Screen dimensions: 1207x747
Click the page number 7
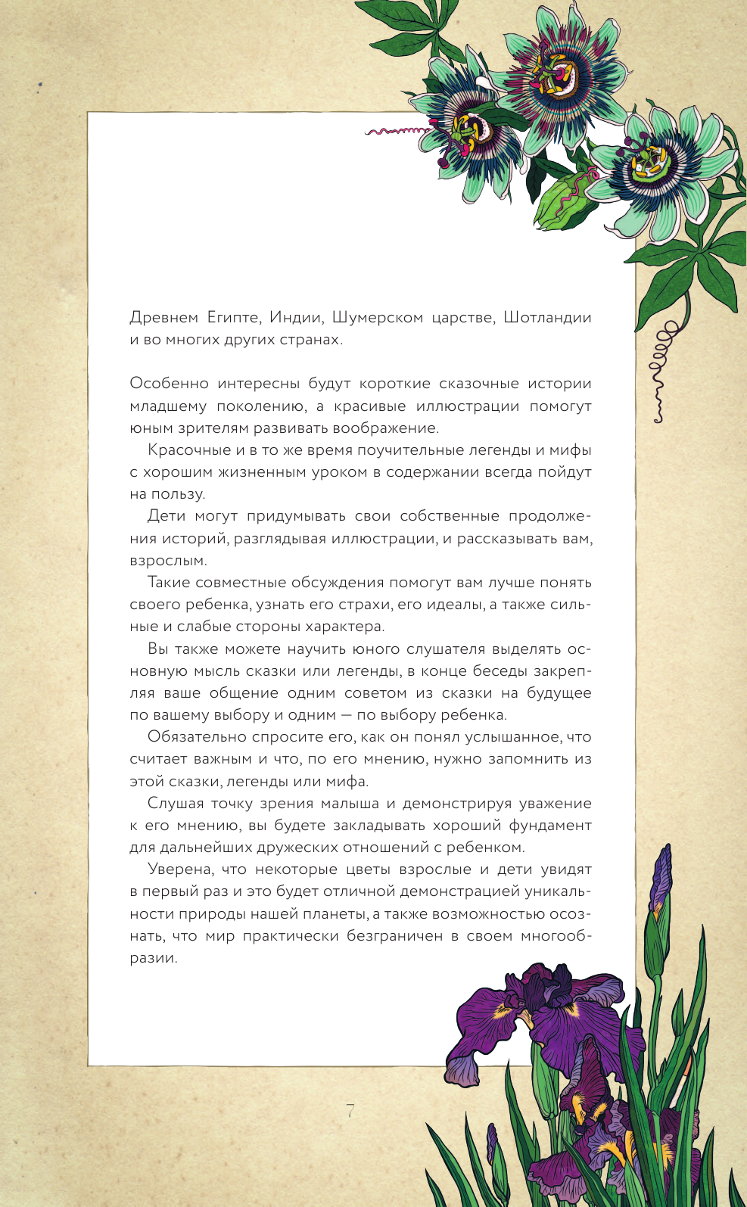(x=350, y=1111)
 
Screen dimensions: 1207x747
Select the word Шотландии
(x=547, y=317)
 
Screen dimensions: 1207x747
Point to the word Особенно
(x=168, y=384)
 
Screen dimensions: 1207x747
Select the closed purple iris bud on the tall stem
(x=661, y=878)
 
